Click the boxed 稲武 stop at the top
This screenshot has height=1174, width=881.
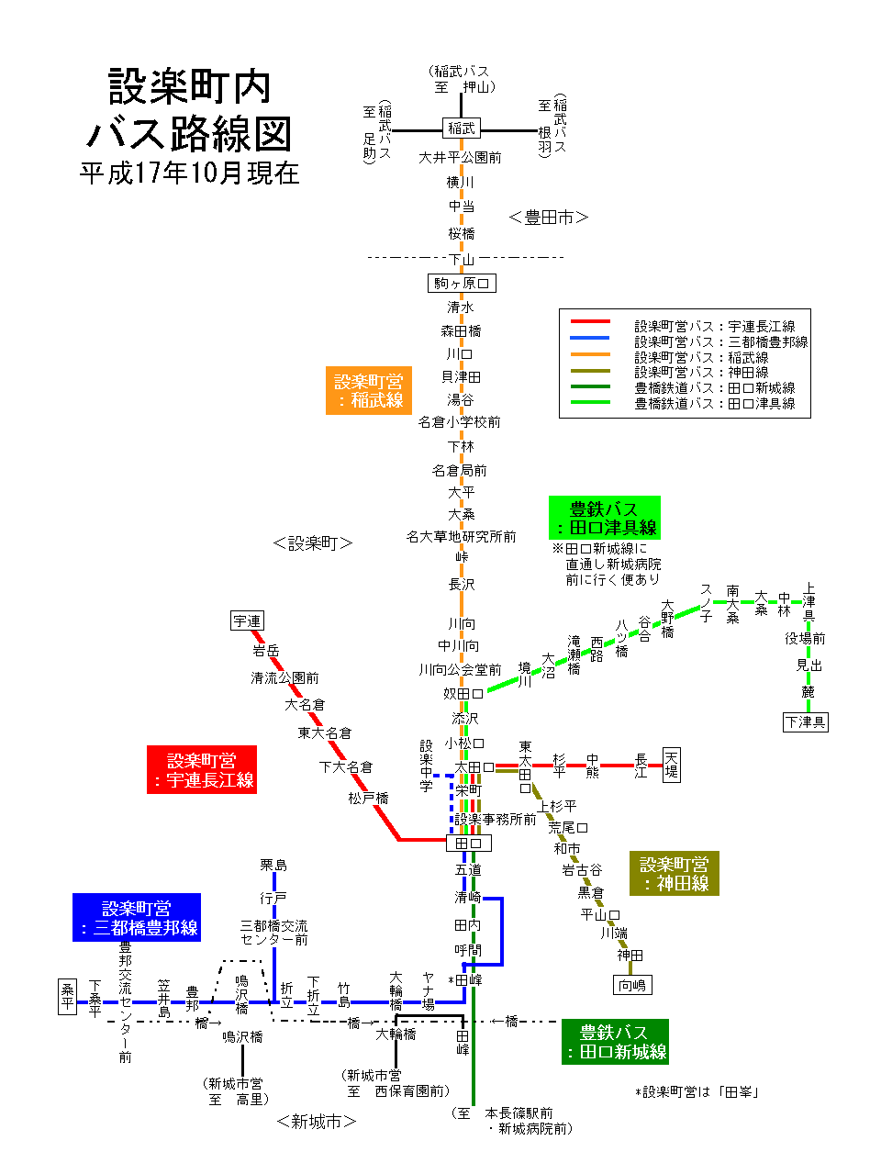pos(462,129)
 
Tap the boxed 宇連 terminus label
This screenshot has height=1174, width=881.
pos(247,621)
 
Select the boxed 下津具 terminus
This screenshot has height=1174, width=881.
pos(806,721)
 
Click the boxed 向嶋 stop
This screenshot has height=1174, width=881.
pos(632,985)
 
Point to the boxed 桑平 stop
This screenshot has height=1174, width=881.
pos(67,997)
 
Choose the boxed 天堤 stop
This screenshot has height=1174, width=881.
pos(672,764)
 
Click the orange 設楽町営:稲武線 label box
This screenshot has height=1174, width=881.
pos(369,390)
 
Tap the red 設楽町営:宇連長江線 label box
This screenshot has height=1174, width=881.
pos(202,769)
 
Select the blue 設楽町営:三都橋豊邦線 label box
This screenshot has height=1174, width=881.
pos(137,918)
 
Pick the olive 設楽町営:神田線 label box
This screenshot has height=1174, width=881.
pos(675,874)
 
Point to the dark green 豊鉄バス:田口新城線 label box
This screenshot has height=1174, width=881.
pos(615,1042)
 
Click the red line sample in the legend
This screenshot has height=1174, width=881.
pos(590,322)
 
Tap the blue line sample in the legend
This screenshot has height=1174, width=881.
pos(590,338)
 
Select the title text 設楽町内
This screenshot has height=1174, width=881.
pos(190,87)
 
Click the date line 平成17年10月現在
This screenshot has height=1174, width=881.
pos(190,173)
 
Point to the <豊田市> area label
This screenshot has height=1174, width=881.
pos(548,218)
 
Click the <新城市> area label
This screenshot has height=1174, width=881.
pos(316,1121)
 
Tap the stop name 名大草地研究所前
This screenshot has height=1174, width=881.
pos(462,537)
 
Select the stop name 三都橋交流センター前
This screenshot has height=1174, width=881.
pos(274,933)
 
